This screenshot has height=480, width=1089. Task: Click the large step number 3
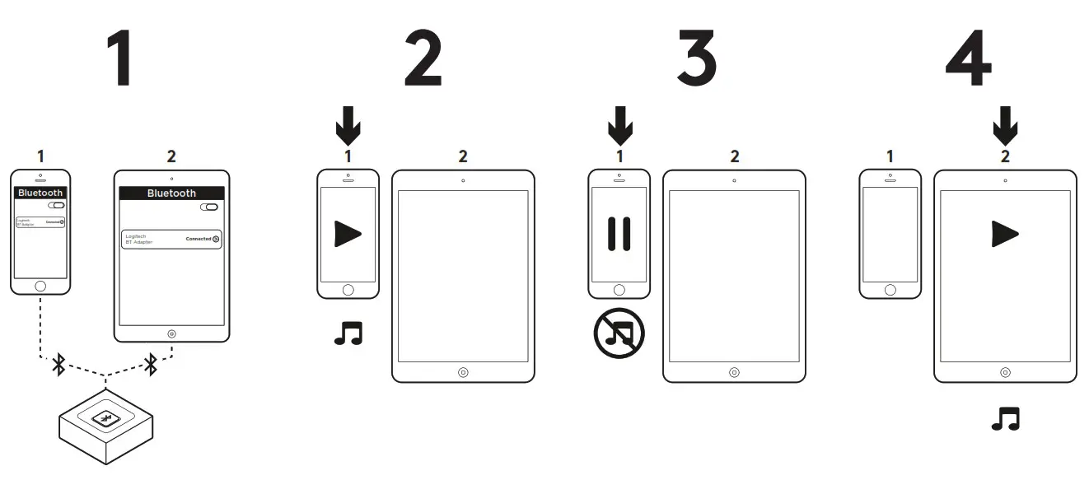coord(697,59)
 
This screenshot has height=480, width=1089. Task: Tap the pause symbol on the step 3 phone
coord(619,234)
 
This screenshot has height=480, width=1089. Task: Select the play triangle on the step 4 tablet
coord(1004,234)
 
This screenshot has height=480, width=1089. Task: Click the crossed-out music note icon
coord(619,333)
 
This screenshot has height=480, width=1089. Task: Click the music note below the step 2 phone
coord(348,333)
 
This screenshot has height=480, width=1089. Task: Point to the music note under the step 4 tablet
coord(1005,419)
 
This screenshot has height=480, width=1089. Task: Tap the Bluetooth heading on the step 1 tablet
coord(171,193)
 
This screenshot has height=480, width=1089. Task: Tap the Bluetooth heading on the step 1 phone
coord(40,193)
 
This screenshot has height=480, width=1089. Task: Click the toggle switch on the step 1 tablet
coord(208,207)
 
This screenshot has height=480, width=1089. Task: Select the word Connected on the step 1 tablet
coord(198,239)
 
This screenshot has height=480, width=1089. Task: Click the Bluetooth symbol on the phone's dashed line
coord(58,365)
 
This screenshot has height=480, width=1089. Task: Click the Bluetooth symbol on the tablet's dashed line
coord(151,365)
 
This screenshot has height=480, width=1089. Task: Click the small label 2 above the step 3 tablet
coord(734,156)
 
